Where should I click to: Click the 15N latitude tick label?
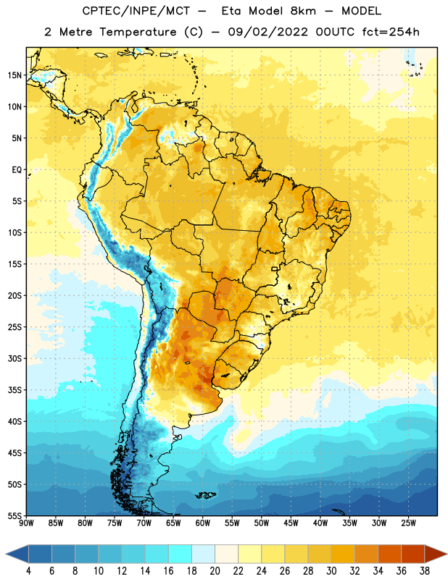(x=14, y=75)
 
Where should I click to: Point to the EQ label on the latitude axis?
(x=17, y=170)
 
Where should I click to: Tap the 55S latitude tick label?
(x=14, y=515)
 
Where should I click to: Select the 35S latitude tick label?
(x=14, y=390)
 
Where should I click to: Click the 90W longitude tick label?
(x=26, y=523)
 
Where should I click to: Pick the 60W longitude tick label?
(x=203, y=523)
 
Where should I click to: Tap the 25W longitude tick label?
(x=408, y=523)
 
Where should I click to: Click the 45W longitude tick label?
(x=291, y=523)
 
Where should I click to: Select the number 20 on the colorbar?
(x=215, y=571)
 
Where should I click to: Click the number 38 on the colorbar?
(x=425, y=571)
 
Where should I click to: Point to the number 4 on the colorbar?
(x=28, y=571)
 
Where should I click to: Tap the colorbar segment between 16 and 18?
(x=180, y=554)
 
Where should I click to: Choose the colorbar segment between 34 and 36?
(x=389, y=554)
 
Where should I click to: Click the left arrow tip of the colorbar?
(x=6, y=554)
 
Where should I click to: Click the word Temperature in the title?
(x=138, y=32)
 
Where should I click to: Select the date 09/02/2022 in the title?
(x=267, y=32)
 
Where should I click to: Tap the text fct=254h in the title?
(x=391, y=32)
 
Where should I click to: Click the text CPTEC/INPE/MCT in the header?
(x=136, y=11)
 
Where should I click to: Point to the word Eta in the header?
(x=231, y=11)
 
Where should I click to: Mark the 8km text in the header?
(x=303, y=11)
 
